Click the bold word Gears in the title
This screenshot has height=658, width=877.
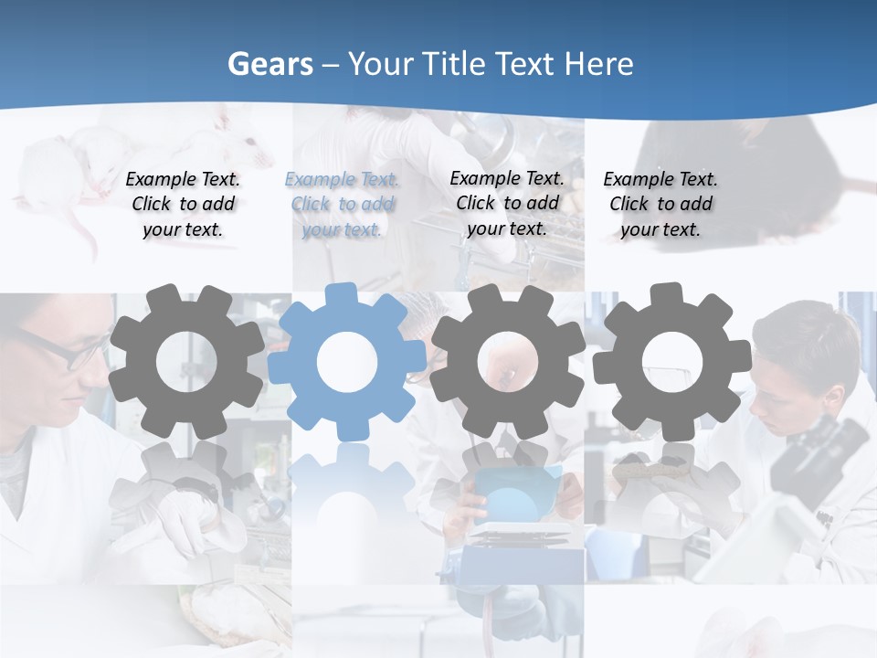point(269,64)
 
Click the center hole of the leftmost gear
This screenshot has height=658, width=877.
point(186,362)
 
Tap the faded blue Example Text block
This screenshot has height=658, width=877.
point(342,205)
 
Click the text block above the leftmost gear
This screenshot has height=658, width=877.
point(183,205)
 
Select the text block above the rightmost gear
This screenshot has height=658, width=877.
point(660,205)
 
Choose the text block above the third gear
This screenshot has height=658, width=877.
point(507,203)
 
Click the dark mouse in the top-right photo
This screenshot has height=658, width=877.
point(731,174)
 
